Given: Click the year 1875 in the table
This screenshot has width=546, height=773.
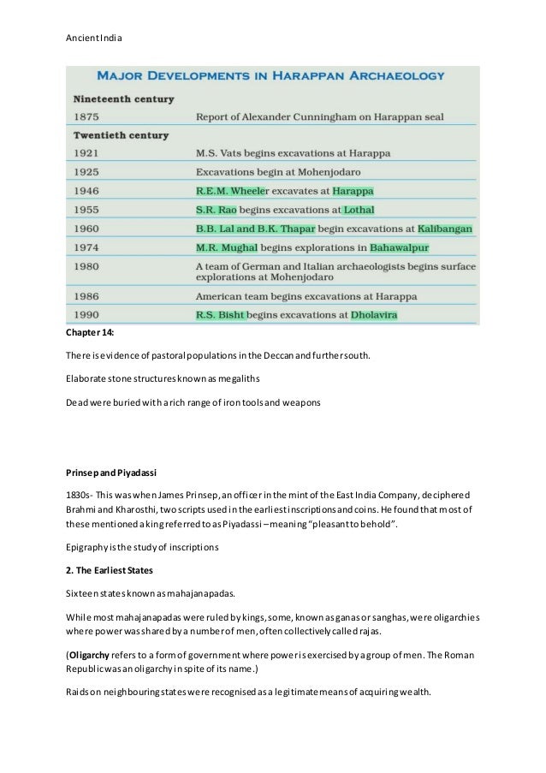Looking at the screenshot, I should coord(86,116).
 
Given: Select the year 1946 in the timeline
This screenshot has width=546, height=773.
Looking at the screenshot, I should coord(86,191).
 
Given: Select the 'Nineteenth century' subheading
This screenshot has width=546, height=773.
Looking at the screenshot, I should coord(124,98).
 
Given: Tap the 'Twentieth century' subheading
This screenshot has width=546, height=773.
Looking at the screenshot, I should coord(121,135).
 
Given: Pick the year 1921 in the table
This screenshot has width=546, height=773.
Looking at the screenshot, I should coord(86,154).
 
